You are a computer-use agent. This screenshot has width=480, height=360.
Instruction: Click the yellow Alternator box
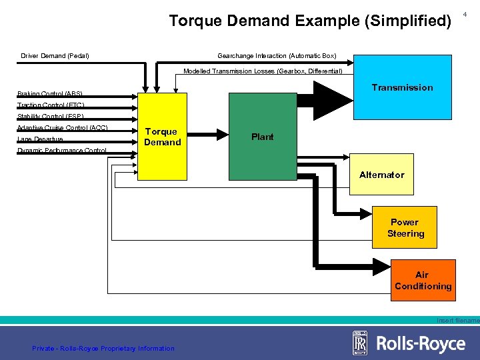381,175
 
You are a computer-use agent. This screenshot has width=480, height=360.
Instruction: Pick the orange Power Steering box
405,228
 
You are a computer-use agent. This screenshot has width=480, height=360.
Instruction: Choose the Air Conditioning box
423,281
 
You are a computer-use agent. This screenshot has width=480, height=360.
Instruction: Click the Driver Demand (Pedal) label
55,55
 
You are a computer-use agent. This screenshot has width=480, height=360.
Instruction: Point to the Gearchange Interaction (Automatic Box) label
277,55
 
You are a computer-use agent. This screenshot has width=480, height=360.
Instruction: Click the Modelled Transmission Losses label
263,71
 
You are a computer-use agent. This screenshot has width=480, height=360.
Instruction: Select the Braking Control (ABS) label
50,94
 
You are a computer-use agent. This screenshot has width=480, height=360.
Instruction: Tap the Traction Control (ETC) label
51,105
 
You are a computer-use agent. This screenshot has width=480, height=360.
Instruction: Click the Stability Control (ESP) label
50,117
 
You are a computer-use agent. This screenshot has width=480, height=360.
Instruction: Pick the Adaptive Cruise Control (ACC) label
62,128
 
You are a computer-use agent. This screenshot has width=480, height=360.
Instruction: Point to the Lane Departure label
40,139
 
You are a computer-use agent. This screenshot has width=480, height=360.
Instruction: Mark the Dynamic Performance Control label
61,151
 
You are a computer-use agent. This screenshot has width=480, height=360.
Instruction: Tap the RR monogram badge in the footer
360,343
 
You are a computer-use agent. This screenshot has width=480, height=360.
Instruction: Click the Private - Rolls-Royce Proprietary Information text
103,348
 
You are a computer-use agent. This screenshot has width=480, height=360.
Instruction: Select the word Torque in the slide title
195,21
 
